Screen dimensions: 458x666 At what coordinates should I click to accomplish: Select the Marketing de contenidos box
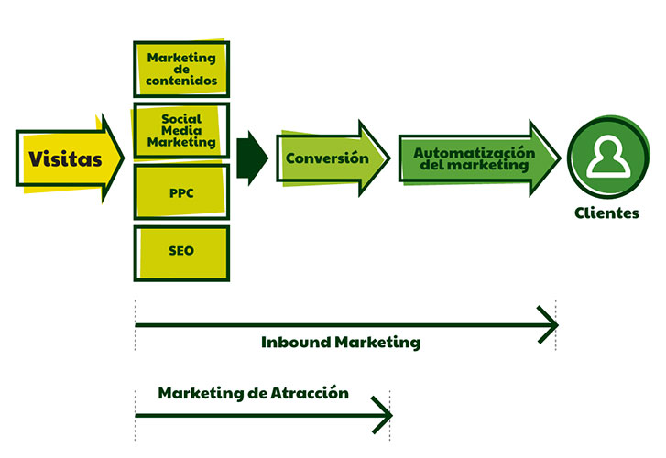[181, 70]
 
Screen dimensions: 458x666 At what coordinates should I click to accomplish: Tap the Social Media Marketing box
[181, 131]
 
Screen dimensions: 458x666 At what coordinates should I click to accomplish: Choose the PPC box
[181, 192]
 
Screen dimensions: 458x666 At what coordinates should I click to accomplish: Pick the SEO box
[181, 250]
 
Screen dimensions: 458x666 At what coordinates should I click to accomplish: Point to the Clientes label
[606, 213]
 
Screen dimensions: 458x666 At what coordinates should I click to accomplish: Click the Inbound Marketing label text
[341, 343]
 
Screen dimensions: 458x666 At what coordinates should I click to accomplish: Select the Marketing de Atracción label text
[254, 393]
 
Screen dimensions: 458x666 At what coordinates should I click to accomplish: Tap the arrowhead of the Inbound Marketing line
[550, 324]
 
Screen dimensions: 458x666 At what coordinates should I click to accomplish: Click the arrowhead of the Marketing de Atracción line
[385, 415]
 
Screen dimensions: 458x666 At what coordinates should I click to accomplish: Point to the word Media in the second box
[181, 130]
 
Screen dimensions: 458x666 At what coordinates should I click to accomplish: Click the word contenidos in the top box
[181, 82]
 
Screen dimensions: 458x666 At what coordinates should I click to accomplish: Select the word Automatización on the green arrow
[473, 153]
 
